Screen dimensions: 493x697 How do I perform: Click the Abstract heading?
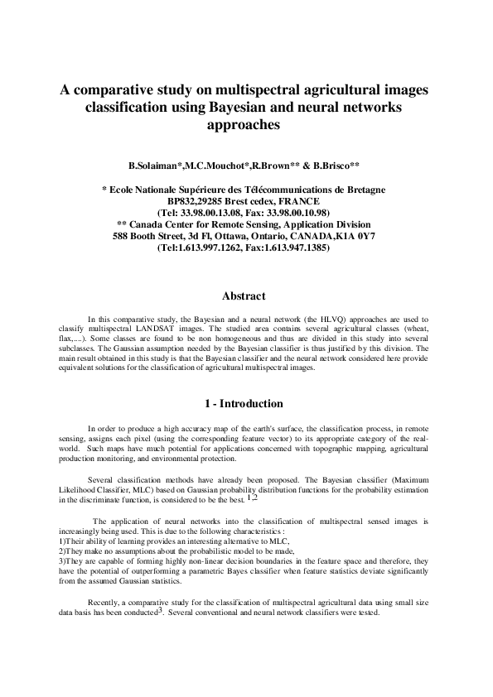click(x=244, y=296)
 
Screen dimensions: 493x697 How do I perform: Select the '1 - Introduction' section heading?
click(x=244, y=403)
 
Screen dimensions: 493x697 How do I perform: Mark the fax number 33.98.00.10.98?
click(x=299, y=213)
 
